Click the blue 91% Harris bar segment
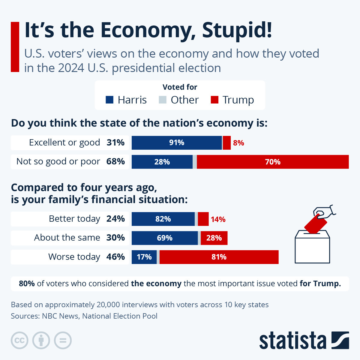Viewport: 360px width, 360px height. click(x=177, y=142)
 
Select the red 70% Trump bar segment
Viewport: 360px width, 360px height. click(x=272, y=162)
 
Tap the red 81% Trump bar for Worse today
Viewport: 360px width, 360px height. click(x=219, y=257)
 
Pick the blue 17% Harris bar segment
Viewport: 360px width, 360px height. click(x=144, y=257)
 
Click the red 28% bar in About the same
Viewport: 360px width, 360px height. click(x=214, y=238)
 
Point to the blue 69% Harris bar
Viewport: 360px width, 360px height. click(x=164, y=238)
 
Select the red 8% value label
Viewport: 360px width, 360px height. click(x=238, y=143)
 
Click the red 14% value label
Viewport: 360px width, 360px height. click(x=218, y=219)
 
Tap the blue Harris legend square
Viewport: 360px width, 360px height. click(x=110, y=100)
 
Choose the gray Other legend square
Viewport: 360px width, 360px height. click(x=162, y=100)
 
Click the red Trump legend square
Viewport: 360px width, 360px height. click(x=214, y=100)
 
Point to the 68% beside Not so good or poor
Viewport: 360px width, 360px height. click(x=115, y=161)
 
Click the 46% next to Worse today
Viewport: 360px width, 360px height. click(x=115, y=257)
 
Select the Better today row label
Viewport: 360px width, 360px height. click(x=74, y=219)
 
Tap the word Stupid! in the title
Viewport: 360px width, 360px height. click(x=237, y=30)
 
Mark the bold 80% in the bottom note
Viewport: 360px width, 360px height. click(x=27, y=283)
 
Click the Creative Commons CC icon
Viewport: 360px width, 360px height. click(x=19, y=340)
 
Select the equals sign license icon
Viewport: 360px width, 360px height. click(x=63, y=340)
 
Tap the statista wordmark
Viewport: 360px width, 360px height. click(x=292, y=340)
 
